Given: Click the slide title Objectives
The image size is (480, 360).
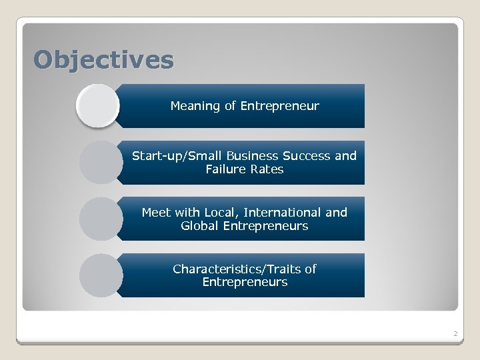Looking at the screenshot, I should point(104,60).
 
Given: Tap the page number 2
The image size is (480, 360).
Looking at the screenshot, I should point(455,333).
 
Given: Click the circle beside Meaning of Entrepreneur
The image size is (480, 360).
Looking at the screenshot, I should point(97,105).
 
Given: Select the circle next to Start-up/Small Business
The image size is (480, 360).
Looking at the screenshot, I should point(100,162).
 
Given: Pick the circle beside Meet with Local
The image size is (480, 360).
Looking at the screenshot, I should point(100,219).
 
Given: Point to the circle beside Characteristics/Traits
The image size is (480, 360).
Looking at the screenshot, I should point(100,275).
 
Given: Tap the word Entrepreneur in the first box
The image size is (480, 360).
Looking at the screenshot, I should point(280,106).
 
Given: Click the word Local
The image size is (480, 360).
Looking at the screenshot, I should point(221,213).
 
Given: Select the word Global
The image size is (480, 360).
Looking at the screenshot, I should point(199,226).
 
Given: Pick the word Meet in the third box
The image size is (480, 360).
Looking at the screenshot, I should point(156,213).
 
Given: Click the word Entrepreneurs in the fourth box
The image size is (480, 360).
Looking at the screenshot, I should point(245,282).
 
